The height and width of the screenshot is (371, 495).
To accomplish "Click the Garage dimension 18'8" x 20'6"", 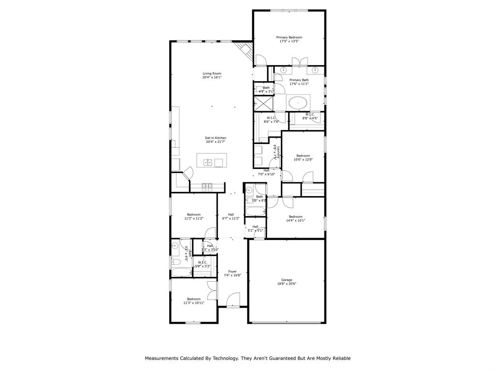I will point(287,284).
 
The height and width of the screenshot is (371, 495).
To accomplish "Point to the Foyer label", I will point(233,271).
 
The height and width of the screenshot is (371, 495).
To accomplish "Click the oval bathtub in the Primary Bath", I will point(298,102).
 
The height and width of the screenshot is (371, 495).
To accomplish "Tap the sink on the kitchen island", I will point(209,162).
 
